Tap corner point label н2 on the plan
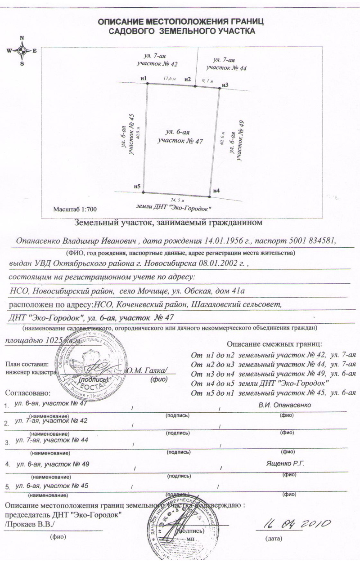pyautogui.click(x=188, y=80)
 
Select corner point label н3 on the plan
pyautogui.click(x=225, y=85)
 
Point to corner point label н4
pyautogui.click(x=216, y=191)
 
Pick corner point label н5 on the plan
pyautogui.click(x=137, y=186)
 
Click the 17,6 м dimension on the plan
pyautogui.click(x=169, y=79)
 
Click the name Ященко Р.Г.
pyautogui.click(x=285, y=464)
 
